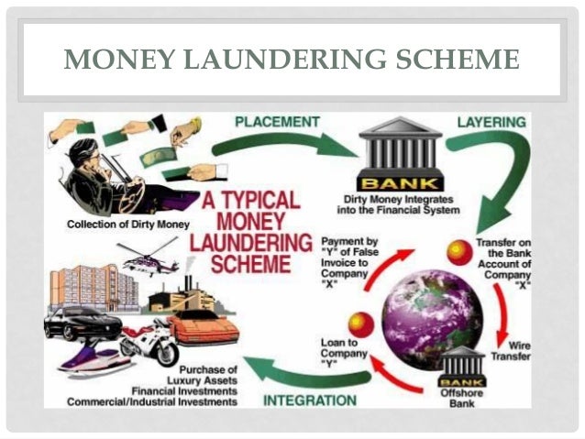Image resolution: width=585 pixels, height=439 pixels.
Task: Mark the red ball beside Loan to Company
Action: pos(360,323)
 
